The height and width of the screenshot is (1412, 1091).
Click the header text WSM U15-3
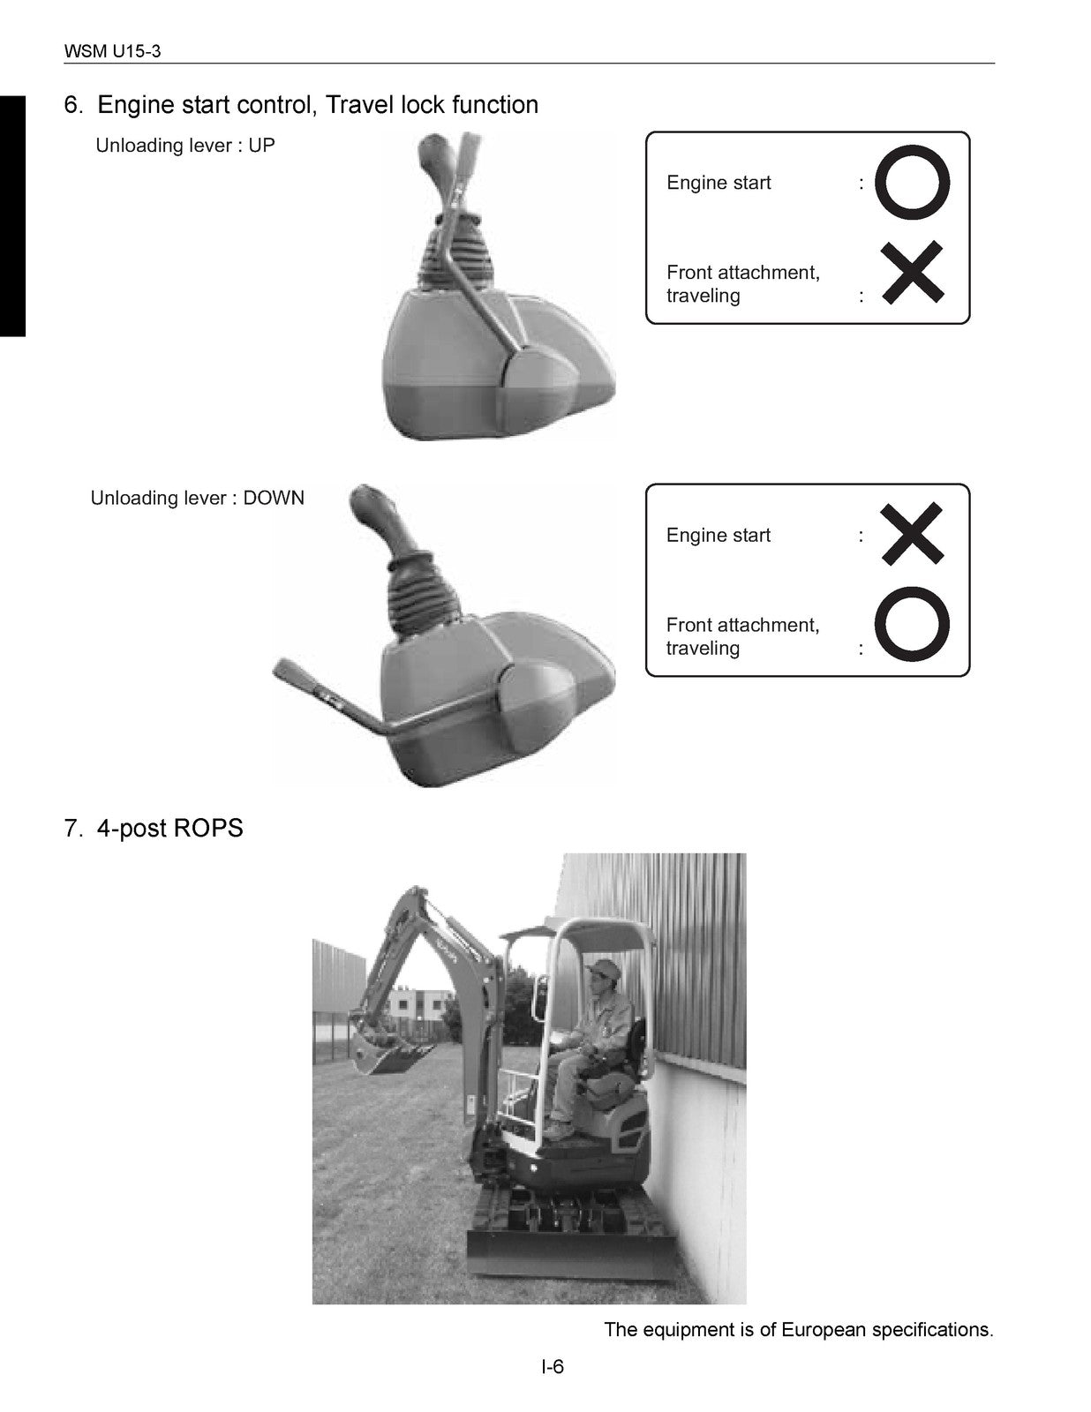112,51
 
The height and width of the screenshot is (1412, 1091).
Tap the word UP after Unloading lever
261,146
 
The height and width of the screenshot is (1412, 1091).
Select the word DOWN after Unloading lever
274,498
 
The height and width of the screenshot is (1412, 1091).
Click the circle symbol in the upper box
913,183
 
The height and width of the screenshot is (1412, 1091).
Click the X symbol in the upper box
913,273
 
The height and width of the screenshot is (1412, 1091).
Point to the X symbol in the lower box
913,533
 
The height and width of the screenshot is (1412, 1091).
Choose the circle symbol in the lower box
913,624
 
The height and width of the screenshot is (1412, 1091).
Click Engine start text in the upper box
719,183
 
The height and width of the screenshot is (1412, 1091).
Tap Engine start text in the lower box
719,536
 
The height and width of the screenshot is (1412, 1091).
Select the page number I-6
553,1368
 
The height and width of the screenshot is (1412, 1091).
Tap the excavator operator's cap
604,969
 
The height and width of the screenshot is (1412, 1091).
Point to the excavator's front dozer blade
569,1254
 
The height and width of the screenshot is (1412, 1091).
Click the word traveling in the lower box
703,649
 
